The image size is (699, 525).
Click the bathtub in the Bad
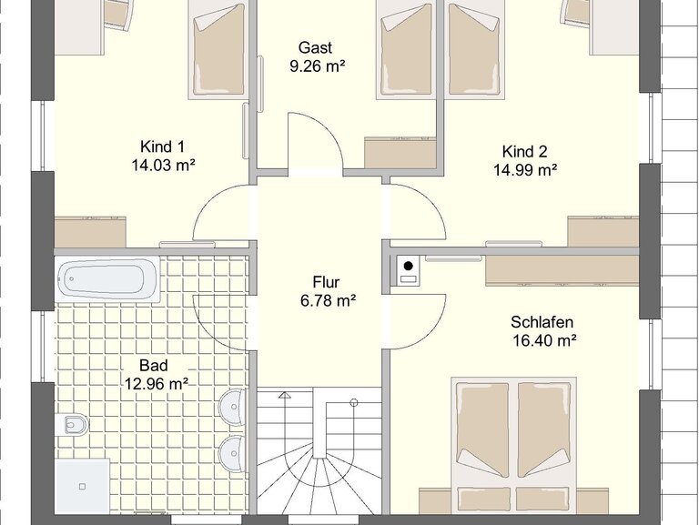107,279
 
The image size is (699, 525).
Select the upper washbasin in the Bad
233,407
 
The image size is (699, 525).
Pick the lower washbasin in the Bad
233,453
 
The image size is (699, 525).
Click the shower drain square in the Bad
82,487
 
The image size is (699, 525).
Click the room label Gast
315,47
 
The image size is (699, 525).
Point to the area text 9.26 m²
318,66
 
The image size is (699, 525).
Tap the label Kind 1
162,146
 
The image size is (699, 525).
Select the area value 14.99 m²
525,170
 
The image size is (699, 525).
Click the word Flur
326,282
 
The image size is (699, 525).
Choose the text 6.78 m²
328,301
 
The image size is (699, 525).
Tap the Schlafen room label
542,322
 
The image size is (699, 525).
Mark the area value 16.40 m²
544,340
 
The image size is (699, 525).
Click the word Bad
154,366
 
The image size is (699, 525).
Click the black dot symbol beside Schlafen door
409,267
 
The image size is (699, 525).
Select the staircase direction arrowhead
284,395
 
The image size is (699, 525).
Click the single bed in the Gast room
406,49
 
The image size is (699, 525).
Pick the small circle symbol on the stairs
354,403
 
